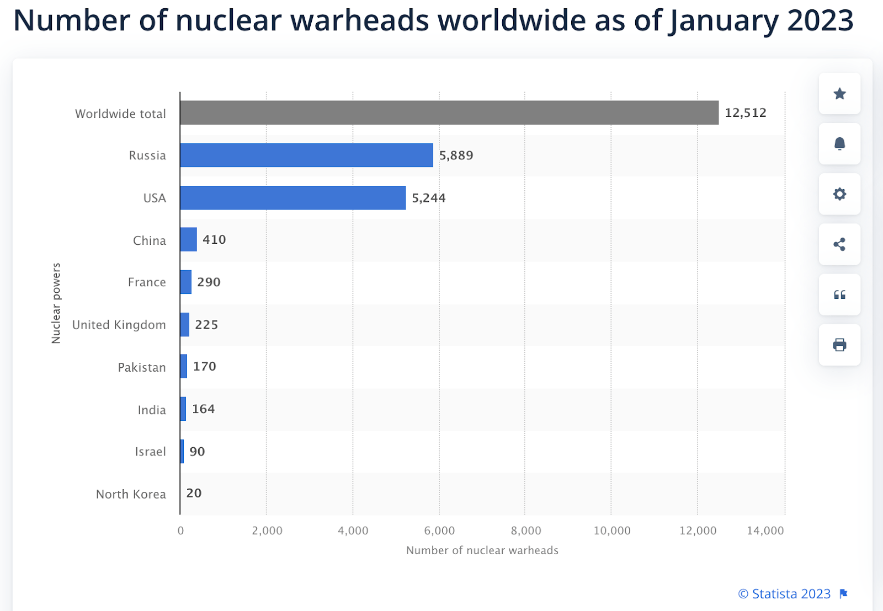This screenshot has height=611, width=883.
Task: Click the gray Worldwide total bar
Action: [x=449, y=112]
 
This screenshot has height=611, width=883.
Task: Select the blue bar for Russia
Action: [x=306, y=155]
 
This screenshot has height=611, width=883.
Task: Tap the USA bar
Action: [x=292, y=197]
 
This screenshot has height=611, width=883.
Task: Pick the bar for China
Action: [x=188, y=239]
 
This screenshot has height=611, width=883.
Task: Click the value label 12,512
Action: [x=746, y=112]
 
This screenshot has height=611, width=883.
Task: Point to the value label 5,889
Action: [x=456, y=156]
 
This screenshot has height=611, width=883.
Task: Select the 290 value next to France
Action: [x=209, y=282]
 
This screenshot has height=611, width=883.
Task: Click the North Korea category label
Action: [x=131, y=494]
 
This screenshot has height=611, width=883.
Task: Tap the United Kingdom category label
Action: [x=119, y=325]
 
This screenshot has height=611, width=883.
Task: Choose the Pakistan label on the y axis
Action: [x=141, y=367]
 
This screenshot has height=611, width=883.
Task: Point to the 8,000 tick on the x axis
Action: [x=525, y=530]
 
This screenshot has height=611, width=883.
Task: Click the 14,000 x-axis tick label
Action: [x=765, y=530]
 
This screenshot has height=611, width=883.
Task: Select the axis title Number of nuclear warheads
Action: [x=482, y=550]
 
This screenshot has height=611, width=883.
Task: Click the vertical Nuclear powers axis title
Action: [x=56, y=303]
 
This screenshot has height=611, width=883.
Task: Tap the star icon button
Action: [x=839, y=94]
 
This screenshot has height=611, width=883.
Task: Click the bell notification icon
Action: [x=839, y=144]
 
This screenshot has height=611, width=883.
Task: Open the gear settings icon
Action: [x=839, y=194]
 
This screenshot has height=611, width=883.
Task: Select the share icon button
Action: [x=839, y=244]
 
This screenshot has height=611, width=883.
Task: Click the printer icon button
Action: [x=839, y=345]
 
